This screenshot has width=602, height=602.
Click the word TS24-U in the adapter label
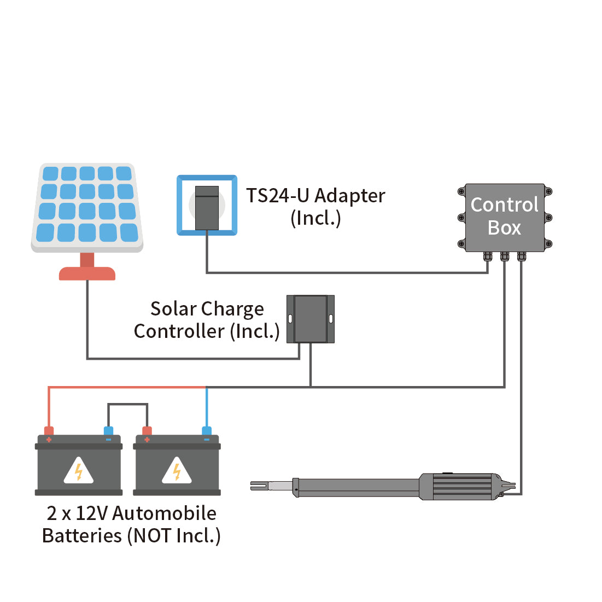tap(278, 196)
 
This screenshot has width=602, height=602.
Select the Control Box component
tap(504, 217)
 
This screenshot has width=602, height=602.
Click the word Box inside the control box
tap(504, 227)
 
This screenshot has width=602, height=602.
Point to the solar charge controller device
tap(310, 319)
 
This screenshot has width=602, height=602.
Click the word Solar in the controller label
tap(174, 309)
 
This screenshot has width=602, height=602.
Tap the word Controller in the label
tap(179, 331)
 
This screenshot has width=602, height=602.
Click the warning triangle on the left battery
tap(79, 471)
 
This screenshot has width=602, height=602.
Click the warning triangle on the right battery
tap(177, 471)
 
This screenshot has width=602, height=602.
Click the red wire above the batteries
tap(126, 388)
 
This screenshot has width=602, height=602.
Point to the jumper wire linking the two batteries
tap(127, 405)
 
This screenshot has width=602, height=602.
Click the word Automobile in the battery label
tap(164, 513)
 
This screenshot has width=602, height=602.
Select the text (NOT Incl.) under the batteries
tap(174, 536)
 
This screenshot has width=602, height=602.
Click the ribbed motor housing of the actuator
tap(459, 486)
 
